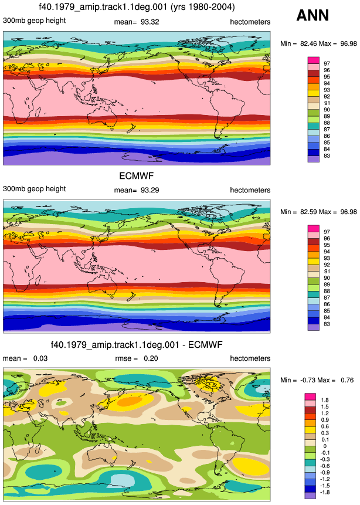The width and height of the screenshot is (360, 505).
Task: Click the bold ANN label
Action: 313,15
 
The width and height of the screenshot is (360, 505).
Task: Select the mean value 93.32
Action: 150,22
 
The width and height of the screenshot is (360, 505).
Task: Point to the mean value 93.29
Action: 150,190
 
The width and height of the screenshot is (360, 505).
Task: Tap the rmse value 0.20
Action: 151,358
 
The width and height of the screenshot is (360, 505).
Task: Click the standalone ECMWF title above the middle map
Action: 137,176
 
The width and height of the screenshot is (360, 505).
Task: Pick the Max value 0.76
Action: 347,380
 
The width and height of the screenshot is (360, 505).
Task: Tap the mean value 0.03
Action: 40,358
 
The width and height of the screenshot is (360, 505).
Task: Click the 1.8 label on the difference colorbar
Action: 325,400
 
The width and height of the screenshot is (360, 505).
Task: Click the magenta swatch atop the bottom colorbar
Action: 310,396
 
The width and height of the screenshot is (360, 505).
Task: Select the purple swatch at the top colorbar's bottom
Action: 314,159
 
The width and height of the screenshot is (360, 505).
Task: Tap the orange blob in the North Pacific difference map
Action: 130,401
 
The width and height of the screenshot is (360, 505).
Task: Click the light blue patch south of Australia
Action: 122,479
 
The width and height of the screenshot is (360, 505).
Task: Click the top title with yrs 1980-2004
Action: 137,7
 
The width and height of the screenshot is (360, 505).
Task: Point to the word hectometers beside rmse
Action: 250,358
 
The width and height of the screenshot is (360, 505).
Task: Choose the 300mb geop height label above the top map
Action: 34,21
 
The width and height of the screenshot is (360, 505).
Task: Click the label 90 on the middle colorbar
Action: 327,278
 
